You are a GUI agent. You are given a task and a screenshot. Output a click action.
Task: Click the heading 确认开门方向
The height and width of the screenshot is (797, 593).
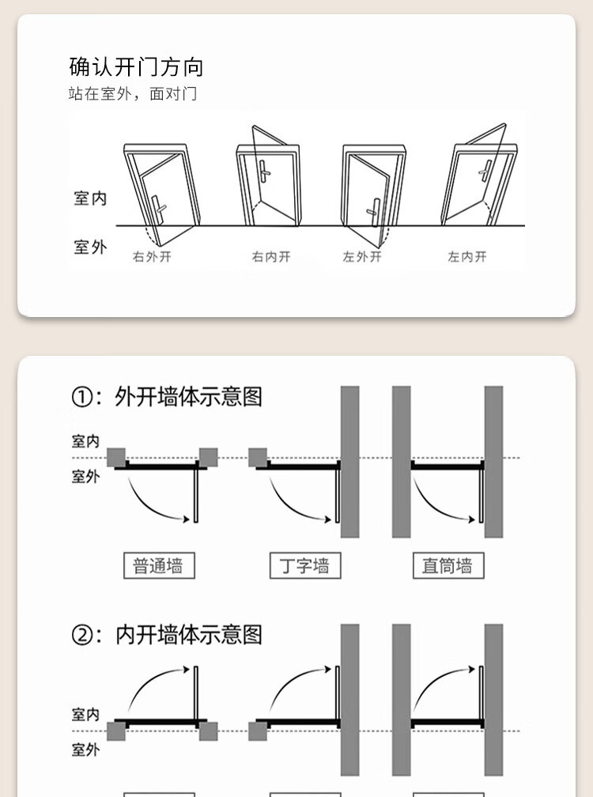(x=136, y=66)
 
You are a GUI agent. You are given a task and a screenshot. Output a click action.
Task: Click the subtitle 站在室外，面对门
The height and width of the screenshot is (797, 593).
(x=132, y=94)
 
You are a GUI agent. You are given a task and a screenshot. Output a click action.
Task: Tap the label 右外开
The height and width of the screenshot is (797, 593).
(x=152, y=257)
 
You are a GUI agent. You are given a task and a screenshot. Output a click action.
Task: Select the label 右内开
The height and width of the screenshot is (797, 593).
(x=271, y=257)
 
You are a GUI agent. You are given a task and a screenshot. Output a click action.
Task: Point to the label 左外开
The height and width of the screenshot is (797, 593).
(x=362, y=257)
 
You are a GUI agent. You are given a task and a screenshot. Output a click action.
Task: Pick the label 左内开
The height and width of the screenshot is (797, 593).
(x=467, y=257)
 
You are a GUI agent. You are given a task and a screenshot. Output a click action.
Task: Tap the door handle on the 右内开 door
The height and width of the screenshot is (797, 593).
(x=263, y=169)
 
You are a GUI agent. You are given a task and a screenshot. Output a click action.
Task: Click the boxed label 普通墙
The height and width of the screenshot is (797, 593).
(x=158, y=566)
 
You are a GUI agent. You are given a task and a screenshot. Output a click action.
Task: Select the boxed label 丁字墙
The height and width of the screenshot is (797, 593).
(x=304, y=566)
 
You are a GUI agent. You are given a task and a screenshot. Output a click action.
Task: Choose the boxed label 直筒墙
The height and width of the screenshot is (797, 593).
(x=448, y=566)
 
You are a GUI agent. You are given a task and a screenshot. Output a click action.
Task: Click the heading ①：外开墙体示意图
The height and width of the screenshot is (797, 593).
(x=167, y=397)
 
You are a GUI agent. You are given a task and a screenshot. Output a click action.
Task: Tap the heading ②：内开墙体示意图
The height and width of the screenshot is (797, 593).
(x=167, y=635)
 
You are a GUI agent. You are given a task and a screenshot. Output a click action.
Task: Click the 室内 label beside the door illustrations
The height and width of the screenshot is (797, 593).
(x=90, y=198)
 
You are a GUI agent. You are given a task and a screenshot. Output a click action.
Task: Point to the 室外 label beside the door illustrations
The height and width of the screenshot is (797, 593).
(x=90, y=247)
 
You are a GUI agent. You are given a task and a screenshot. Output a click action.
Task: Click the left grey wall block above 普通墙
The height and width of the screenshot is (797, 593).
(x=116, y=457)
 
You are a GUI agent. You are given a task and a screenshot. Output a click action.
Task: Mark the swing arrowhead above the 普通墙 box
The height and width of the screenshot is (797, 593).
(x=187, y=519)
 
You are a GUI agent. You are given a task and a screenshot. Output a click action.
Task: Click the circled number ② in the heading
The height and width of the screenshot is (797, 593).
(x=82, y=636)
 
